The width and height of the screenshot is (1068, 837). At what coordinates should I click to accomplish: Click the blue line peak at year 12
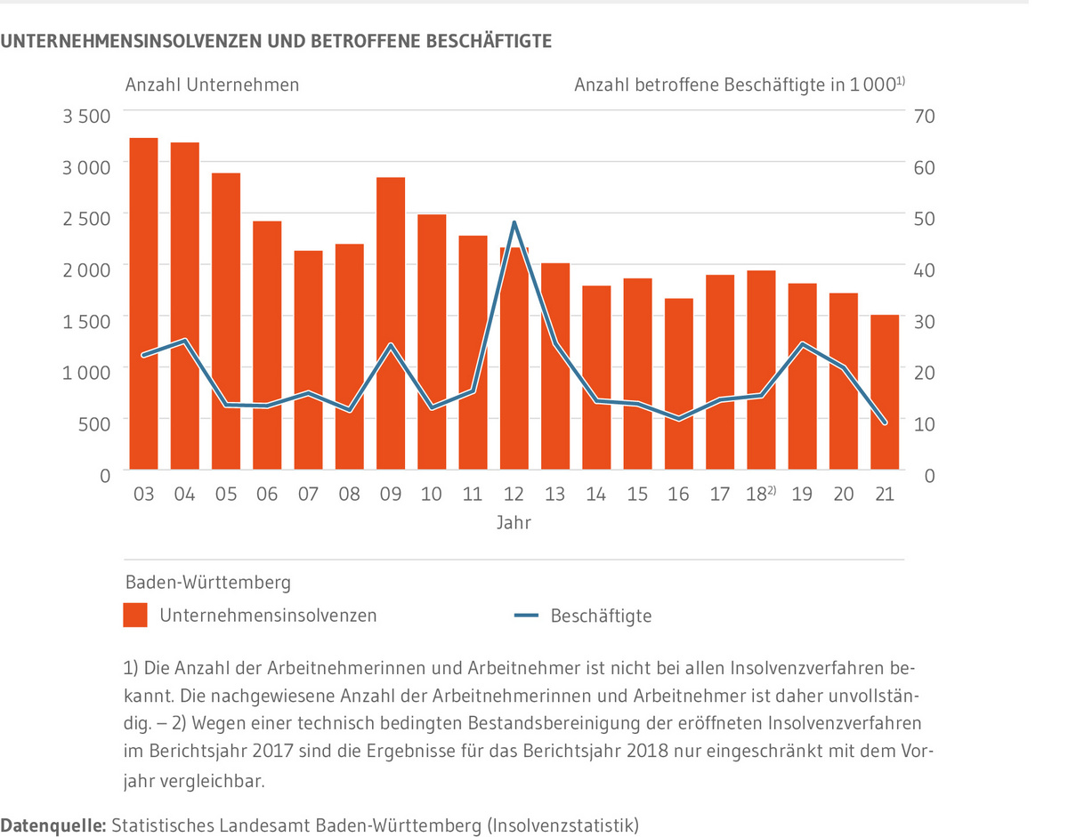point(514,222)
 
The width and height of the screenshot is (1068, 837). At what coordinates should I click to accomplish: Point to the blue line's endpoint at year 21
point(885,423)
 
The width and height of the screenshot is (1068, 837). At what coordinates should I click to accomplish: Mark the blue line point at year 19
point(802,344)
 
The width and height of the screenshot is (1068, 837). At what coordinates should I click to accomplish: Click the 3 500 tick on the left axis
point(85,116)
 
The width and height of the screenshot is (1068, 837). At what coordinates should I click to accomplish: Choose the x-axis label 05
point(226,494)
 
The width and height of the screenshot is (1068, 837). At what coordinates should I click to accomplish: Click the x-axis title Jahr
point(514,523)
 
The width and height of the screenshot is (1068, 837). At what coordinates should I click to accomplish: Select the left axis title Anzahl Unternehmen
point(212,85)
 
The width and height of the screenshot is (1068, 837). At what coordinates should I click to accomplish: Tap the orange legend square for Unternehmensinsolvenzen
point(135,616)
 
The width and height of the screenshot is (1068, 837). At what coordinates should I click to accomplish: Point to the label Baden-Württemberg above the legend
point(207,583)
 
